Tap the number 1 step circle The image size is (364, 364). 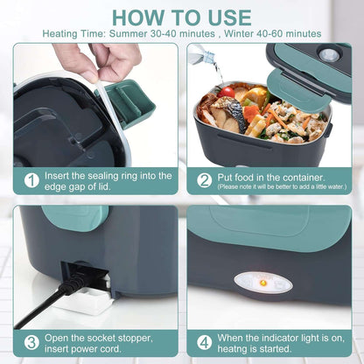(31, 180)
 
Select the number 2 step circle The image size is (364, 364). (204, 180)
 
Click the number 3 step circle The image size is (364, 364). (31, 342)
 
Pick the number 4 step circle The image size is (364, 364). (204, 342)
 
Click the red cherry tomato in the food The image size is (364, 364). (228, 92)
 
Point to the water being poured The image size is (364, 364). (214, 66)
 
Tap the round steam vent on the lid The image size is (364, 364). (330, 54)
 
